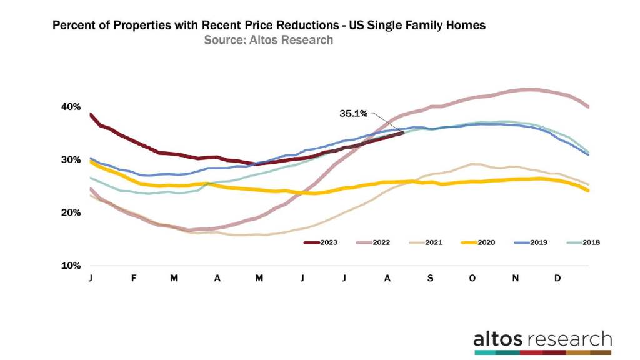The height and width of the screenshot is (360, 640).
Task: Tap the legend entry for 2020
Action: pos(484,242)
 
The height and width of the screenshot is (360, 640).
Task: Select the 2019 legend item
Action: pos(537,242)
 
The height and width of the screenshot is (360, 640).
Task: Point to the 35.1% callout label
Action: pos(353,114)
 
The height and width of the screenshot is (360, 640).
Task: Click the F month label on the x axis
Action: pos(133,277)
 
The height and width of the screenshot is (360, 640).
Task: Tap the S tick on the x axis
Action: pos(430,277)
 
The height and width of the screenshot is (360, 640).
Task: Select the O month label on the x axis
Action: pos(473,277)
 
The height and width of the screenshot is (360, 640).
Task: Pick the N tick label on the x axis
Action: pos(516,277)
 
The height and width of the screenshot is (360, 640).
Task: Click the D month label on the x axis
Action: pos(558,277)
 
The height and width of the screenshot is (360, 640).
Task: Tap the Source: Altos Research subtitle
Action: pos(268,41)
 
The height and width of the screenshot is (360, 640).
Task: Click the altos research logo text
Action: pos(542,339)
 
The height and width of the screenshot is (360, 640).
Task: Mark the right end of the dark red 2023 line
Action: pos(402,132)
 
